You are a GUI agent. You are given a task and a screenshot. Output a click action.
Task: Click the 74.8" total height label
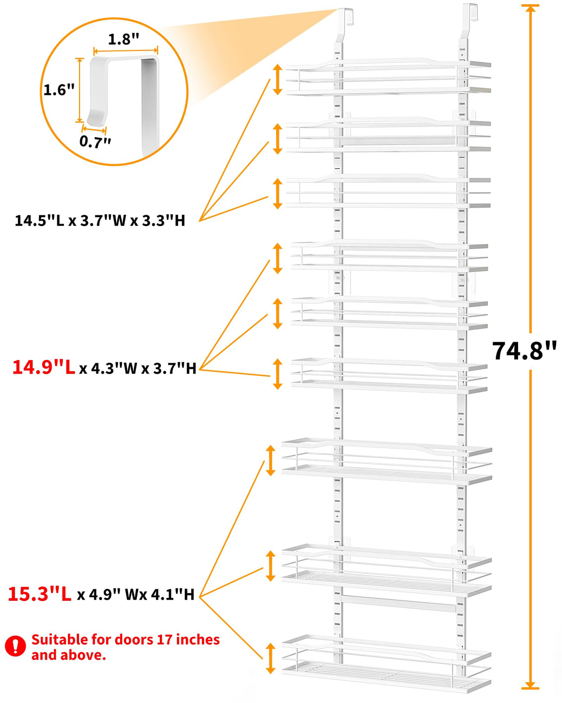[x=524, y=351]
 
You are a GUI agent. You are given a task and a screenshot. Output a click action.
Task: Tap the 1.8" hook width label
[x=124, y=39]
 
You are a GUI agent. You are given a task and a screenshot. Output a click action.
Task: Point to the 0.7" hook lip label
[x=95, y=141]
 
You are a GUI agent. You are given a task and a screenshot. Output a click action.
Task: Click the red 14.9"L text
[x=44, y=368]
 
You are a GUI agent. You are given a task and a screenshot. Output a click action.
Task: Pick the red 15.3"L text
[x=40, y=594]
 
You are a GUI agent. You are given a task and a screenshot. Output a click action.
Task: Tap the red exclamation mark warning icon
[x=15, y=646]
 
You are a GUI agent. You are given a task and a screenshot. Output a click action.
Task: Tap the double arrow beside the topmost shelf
[x=277, y=80]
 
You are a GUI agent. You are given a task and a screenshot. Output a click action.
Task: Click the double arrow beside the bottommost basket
[x=270, y=658]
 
